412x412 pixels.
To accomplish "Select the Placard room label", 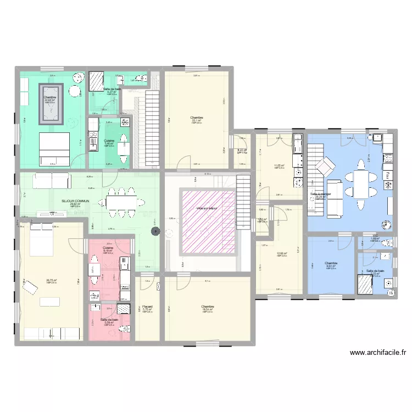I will (147, 307).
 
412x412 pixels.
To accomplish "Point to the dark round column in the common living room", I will (155, 232).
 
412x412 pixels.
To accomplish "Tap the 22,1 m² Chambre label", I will (197, 119).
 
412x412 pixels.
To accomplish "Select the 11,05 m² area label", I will (279, 166).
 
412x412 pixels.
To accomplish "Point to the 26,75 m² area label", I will (52, 281).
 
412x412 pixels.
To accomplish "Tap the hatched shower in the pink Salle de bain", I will (124, 309).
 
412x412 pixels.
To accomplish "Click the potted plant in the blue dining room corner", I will (388, 224).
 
